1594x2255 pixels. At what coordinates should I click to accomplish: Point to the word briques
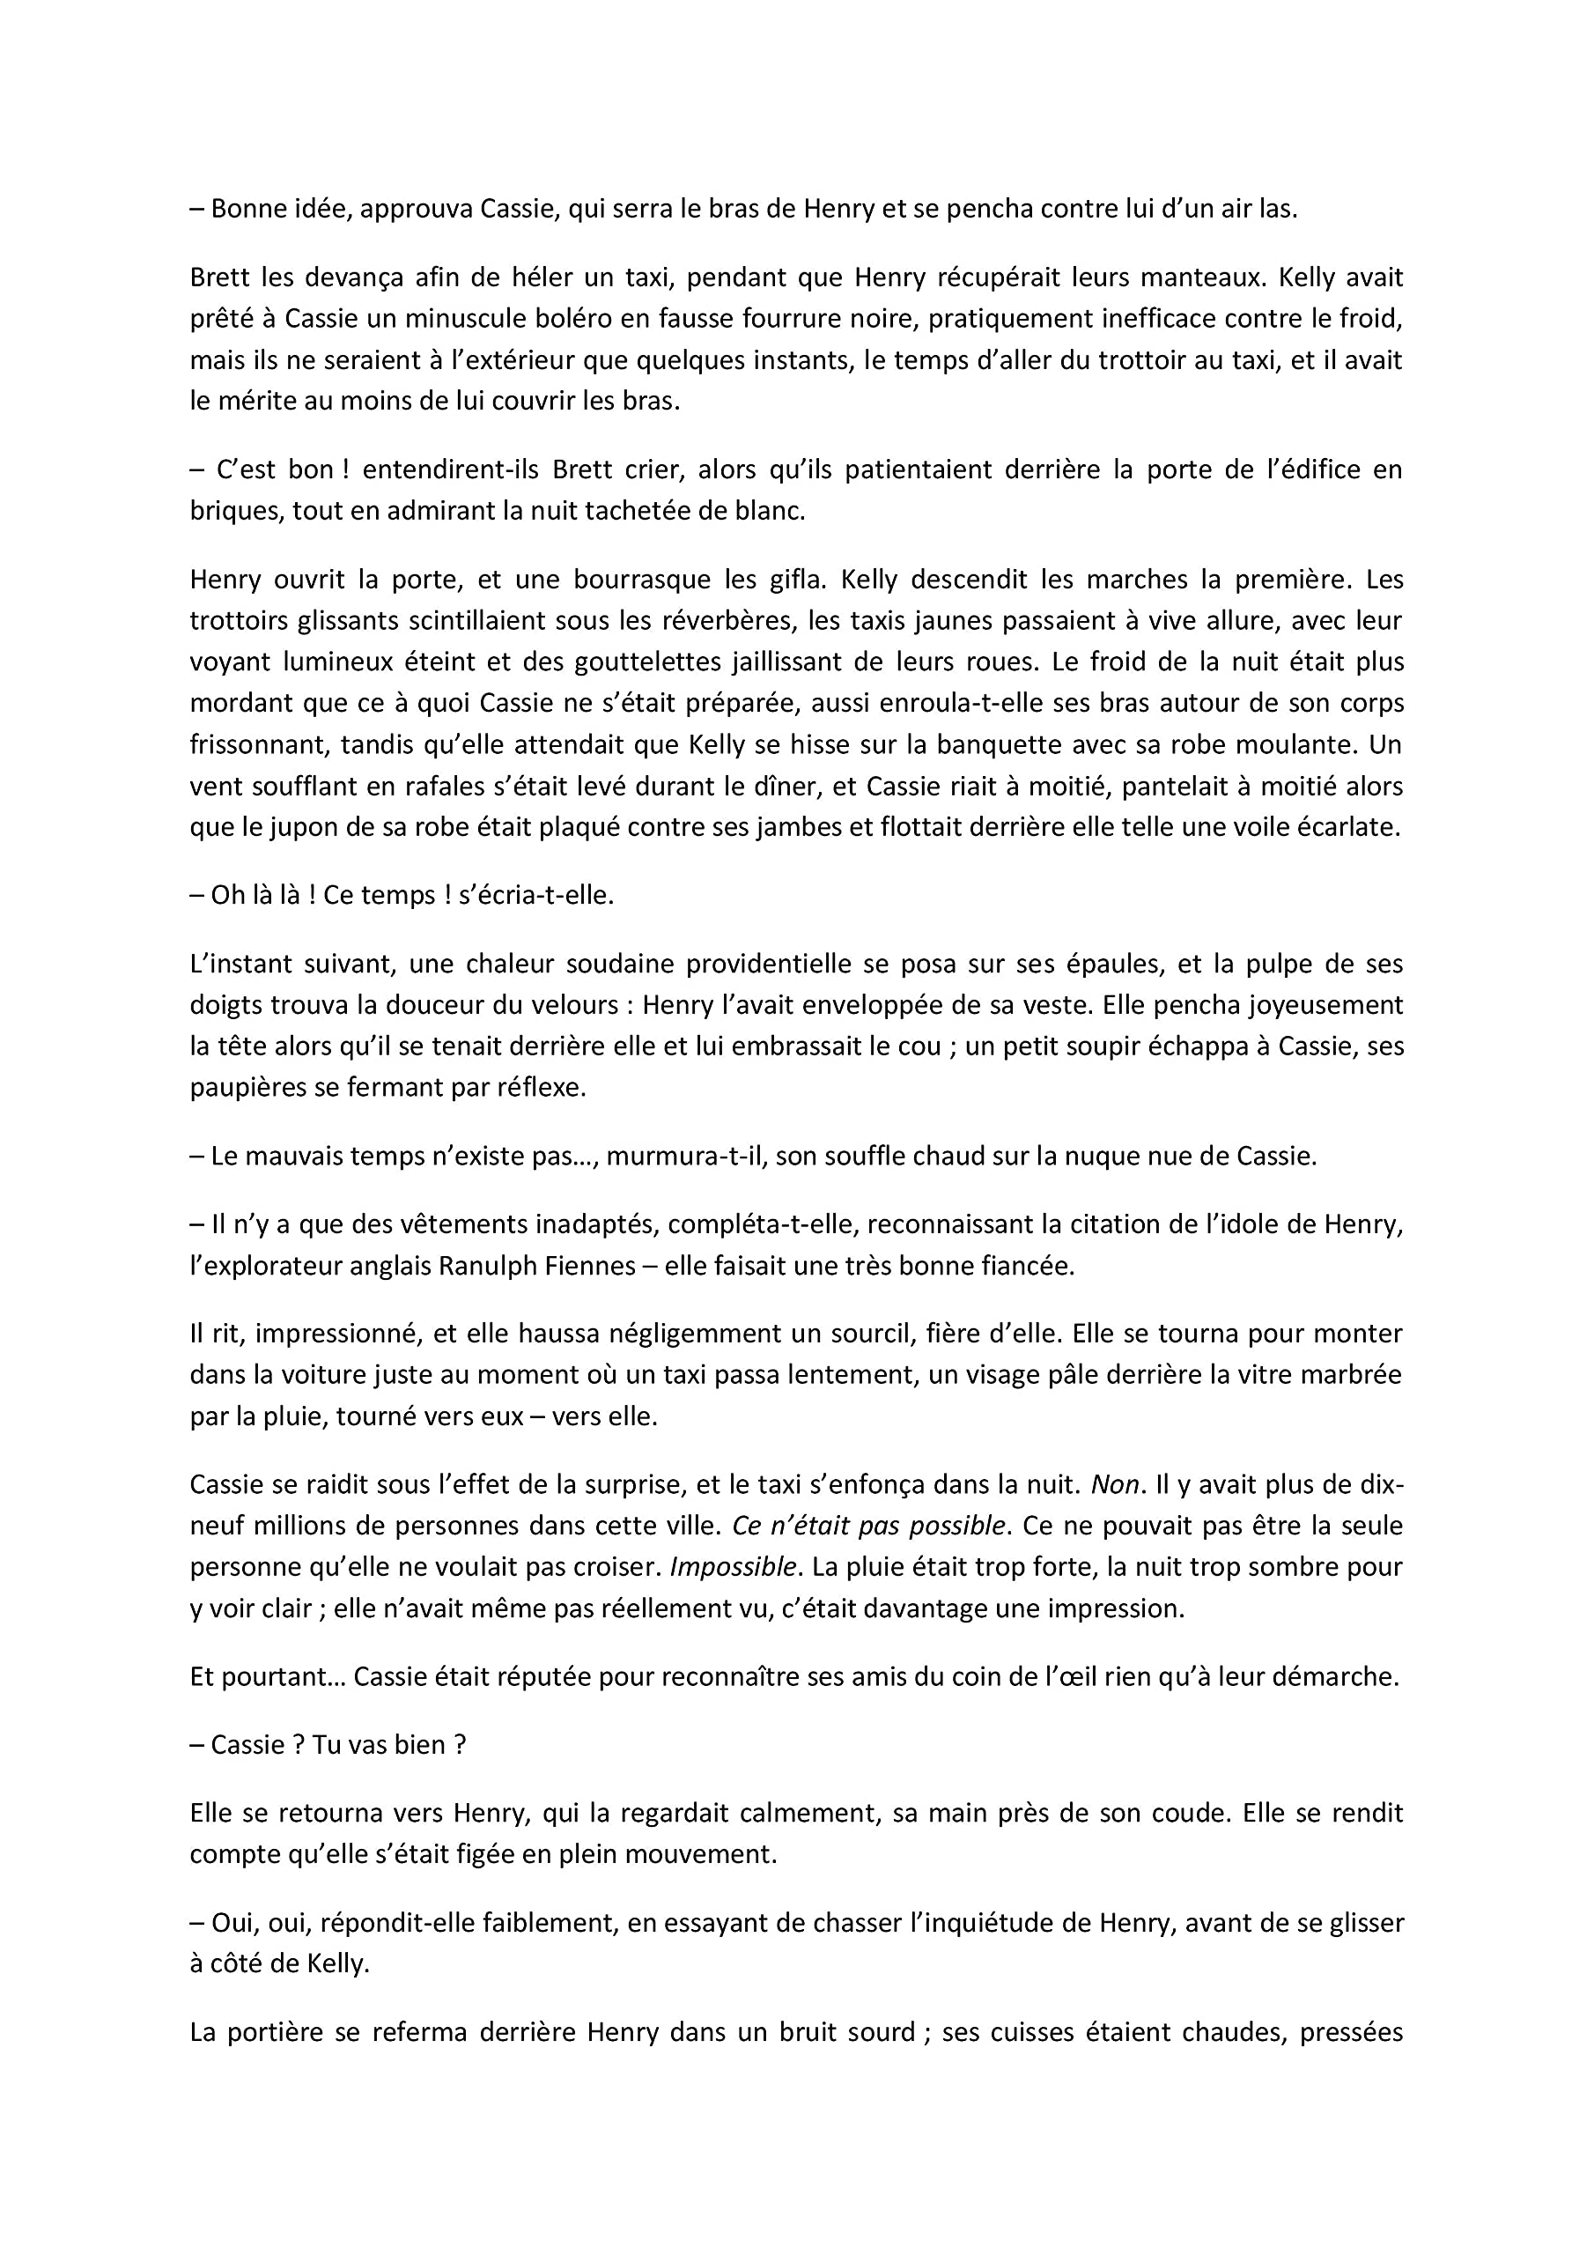pyautogui.click(x=233, y=512)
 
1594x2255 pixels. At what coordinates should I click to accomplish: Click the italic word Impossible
pyautogui.click(x=732, y=1568)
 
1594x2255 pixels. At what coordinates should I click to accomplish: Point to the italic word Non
pyautogui.click(x=1114, y=1484)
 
